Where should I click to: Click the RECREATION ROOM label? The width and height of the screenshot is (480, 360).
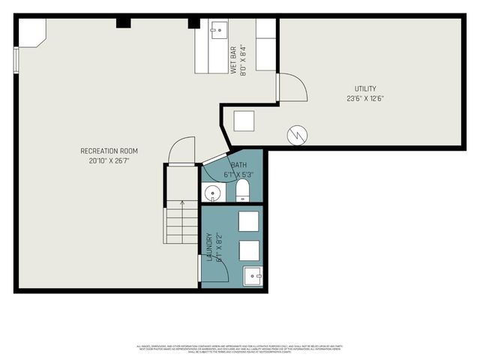click(109, 151)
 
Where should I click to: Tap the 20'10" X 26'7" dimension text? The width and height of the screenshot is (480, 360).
click(109, 160)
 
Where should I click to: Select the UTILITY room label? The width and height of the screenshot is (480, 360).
click(365, 88)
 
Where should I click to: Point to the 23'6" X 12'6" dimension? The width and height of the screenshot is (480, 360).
click(365, 98)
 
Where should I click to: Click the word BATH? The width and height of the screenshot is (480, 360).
click(238, 165)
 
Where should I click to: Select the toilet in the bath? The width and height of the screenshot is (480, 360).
click(242, 190)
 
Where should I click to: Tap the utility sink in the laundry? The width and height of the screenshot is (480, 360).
click(255, 275)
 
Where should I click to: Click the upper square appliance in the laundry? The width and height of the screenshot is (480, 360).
click(248, 221)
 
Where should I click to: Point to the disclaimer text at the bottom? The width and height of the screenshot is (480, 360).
click(239, 349)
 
